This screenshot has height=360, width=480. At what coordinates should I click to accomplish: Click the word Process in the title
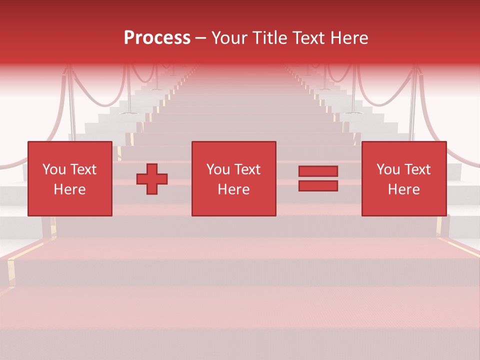pos(157,38)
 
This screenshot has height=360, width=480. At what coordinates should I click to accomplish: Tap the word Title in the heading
pos(270,38)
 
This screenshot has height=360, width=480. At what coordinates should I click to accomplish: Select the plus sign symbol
pos(152,179)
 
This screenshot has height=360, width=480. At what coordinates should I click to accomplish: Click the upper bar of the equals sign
pos(318,171)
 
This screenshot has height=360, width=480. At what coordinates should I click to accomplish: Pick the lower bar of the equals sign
pos(318,186)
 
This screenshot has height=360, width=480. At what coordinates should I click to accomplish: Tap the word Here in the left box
pos(69,189)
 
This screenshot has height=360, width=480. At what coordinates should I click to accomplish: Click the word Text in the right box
pos(417,169)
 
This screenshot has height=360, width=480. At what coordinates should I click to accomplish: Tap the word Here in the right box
pos(403,189)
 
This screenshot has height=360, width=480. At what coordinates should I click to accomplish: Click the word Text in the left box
pos(83,169)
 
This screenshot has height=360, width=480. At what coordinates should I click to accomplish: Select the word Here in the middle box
pos(233,189)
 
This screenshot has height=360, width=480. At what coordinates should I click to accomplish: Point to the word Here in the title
pos(350,38)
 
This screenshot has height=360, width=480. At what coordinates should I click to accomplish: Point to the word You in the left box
pos(54,169)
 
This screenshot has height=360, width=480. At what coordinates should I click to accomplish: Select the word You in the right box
pos(388,169)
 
